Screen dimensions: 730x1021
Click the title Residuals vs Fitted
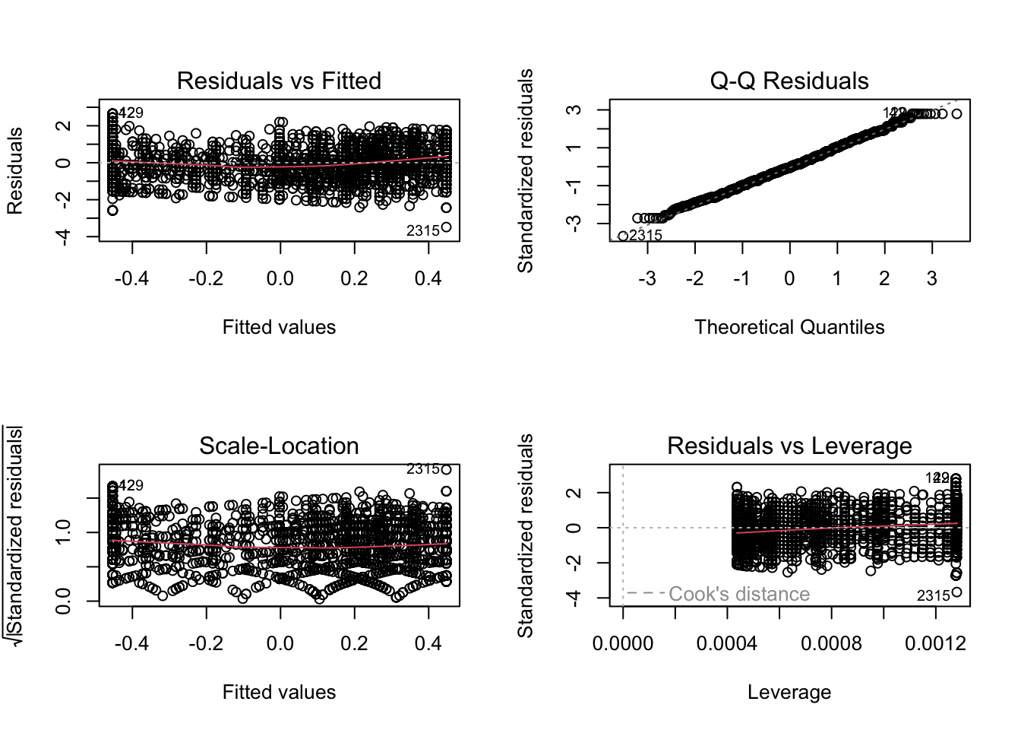279,81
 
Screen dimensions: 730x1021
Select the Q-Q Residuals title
789,81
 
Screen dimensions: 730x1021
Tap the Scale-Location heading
279,446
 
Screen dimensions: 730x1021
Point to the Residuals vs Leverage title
789,446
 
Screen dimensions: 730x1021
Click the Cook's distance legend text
739,594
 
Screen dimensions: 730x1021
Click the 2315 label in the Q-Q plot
646,235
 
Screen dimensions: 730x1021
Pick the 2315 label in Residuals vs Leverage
934,595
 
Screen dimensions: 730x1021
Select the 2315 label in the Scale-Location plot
423,469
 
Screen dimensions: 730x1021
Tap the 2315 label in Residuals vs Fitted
423,230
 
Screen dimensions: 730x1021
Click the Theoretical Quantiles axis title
789,327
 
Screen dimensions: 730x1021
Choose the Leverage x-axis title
789,692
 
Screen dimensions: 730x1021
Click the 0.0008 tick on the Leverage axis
832,644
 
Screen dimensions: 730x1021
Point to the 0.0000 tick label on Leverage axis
623,644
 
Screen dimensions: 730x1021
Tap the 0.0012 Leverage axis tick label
936,644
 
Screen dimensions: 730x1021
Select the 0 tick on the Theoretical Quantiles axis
789,279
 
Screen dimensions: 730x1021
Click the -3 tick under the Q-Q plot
646,279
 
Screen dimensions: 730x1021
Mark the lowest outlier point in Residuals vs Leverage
956,592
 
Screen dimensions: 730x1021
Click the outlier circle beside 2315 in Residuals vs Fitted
447,227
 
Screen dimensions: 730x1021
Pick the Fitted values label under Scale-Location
279,692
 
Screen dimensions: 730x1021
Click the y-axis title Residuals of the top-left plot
14,170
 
